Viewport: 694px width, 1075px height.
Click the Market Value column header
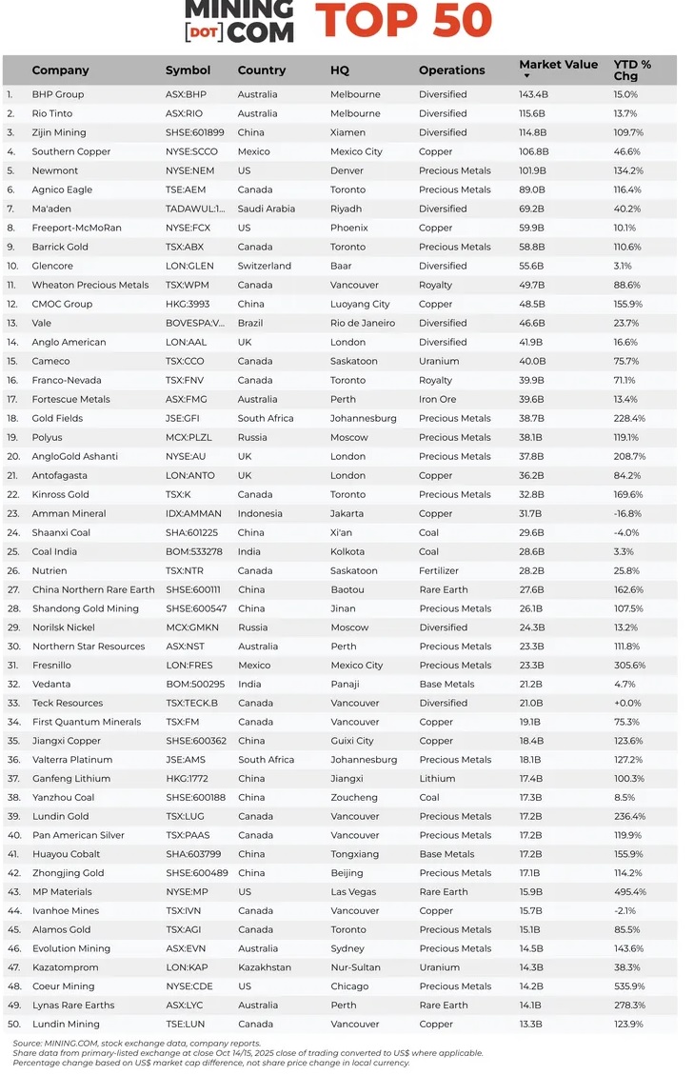[x=558, y=65]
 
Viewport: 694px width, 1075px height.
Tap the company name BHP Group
[x=57, y=94]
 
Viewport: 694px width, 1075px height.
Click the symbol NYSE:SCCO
[x=191, y=151]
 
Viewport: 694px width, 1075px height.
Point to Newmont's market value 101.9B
[x=533, y=170]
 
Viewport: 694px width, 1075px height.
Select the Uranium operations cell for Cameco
[x=439, y=361]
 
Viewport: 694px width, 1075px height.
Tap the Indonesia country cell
[x=259, y=513]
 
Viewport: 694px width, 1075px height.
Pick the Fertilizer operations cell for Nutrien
[x=442, y=570]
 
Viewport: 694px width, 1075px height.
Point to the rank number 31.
[x=12, y=666]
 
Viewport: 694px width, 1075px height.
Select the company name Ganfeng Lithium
[x=70, y=779]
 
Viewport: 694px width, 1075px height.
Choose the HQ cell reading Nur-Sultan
[x=355, y=967]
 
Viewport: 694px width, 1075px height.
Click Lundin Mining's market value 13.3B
[x=531, y=1025]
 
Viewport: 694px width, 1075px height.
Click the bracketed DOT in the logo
[x=202, y=31]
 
